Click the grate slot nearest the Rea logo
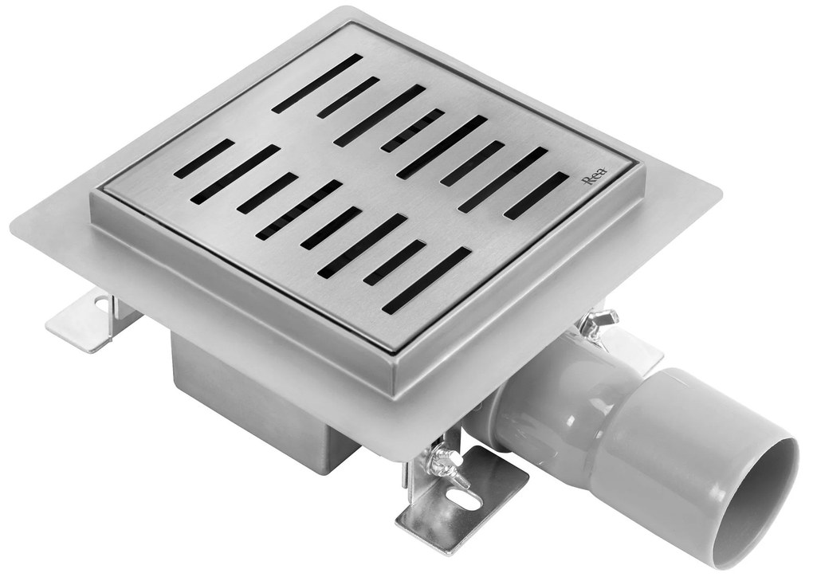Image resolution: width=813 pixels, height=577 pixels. coord(536,195)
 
